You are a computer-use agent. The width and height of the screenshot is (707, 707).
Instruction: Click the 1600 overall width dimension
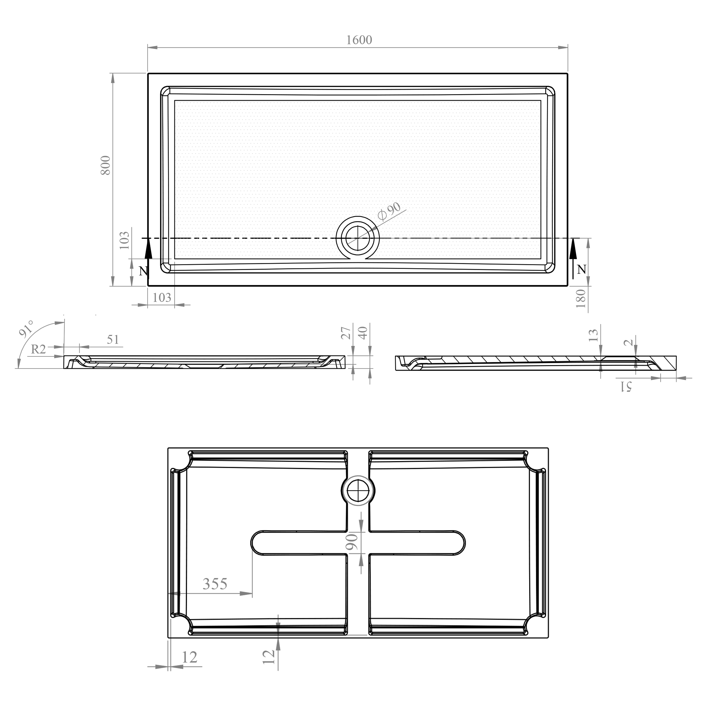[x=359, y=40]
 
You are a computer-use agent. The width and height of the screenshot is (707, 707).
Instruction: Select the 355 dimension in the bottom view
[x=215, y=583]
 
